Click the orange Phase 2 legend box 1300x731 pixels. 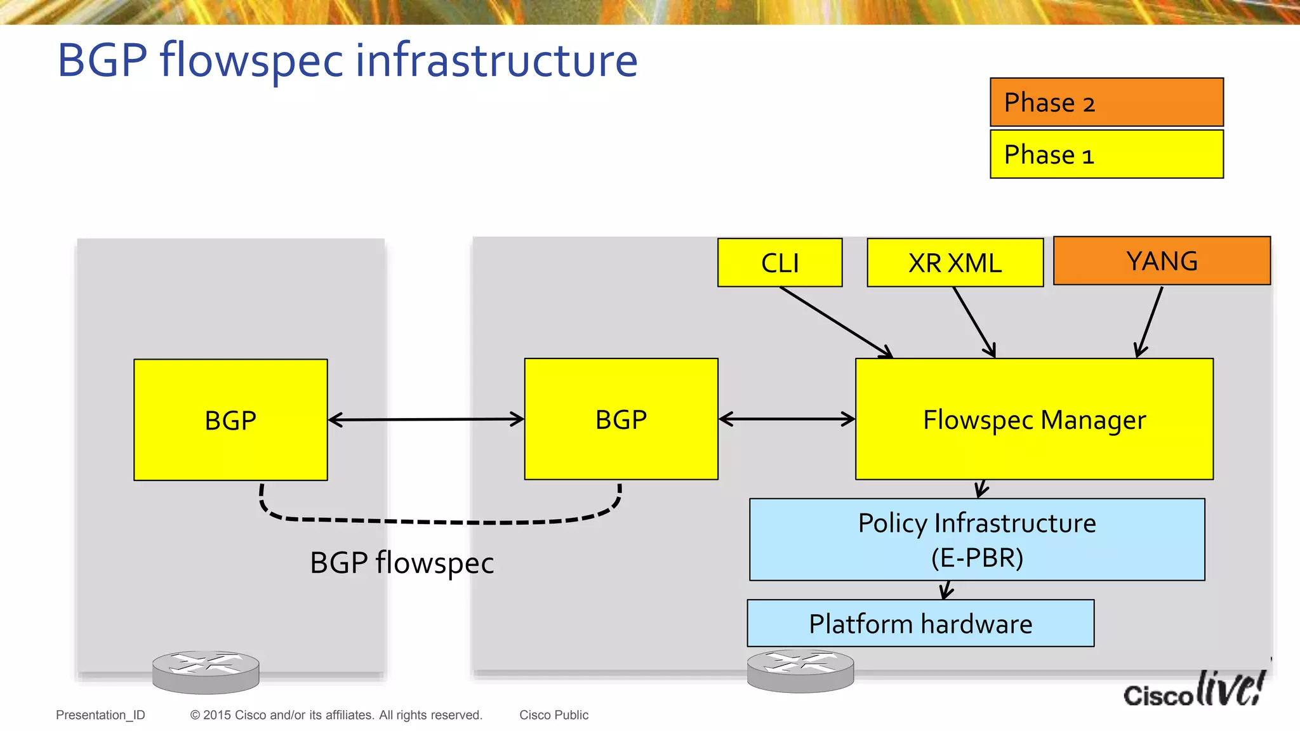1106,102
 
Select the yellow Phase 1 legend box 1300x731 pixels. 1106,154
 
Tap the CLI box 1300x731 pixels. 779,263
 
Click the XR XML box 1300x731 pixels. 955,263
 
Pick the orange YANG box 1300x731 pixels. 1162,261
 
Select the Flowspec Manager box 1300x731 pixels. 1034,419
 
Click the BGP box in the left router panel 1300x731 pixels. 230,420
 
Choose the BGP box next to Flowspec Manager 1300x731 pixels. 621,419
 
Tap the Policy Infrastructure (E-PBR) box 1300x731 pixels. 977,539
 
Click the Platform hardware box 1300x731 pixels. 920,623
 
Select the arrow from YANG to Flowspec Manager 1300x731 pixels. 1150,322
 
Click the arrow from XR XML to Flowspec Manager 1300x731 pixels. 974,322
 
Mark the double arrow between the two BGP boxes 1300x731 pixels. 426,419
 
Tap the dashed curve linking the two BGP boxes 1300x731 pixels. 438,522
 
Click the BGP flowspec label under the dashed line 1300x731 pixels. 402,563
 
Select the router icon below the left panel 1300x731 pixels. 206,671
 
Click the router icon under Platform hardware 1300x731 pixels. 800,670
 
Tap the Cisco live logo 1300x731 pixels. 1193,690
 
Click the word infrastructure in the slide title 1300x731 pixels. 496,60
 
